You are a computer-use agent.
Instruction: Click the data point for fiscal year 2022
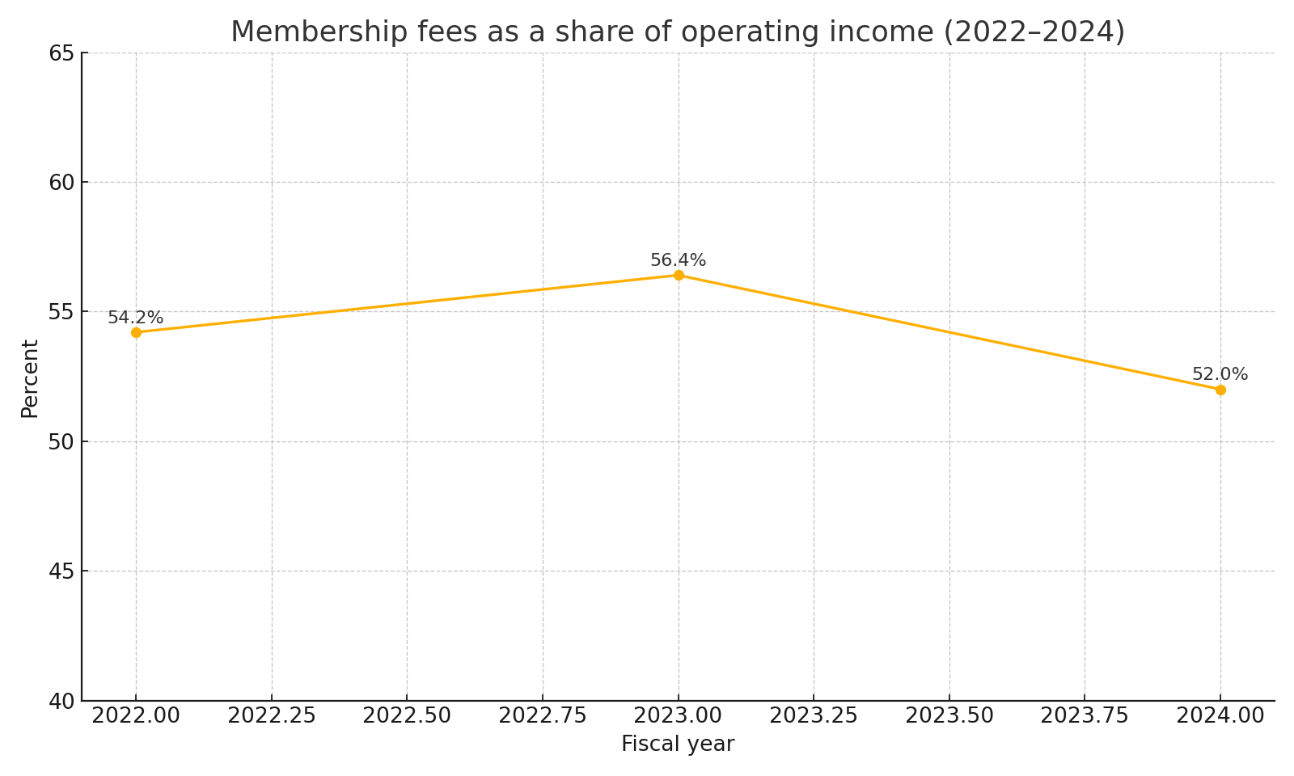click(x=136, y=332)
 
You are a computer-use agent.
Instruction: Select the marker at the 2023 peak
click(x=679, y=275)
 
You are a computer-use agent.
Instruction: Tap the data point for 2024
click(x=1220, y=390)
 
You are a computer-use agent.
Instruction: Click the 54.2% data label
click(x=135, y=318)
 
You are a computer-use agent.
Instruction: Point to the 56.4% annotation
click(x=678, y=260)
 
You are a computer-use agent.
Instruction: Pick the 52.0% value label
click(x=1220, y=374)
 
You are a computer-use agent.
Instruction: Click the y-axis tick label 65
click(x=61, y=53)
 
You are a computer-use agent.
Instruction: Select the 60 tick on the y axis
click(x=61, y=183)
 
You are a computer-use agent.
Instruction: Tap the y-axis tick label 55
click(x=61, y=312)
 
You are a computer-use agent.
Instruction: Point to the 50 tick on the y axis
click(x=61, y=442)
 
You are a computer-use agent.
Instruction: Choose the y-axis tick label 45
click(x=61, y=571)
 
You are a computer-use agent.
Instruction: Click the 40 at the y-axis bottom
click(x=61, y=701)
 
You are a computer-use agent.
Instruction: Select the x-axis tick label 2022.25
click(x=271, y=716)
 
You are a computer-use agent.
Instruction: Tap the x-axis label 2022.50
click(x=407, y=716)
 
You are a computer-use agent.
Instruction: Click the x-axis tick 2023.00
click(x=679, y=716)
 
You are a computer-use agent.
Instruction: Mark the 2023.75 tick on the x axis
click(x=1085, y=716)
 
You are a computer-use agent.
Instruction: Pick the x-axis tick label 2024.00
click(x=1220, y=716)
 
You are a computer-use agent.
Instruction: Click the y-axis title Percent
click(x=30, y=378)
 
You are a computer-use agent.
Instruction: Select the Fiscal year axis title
click(x=678, y=744)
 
